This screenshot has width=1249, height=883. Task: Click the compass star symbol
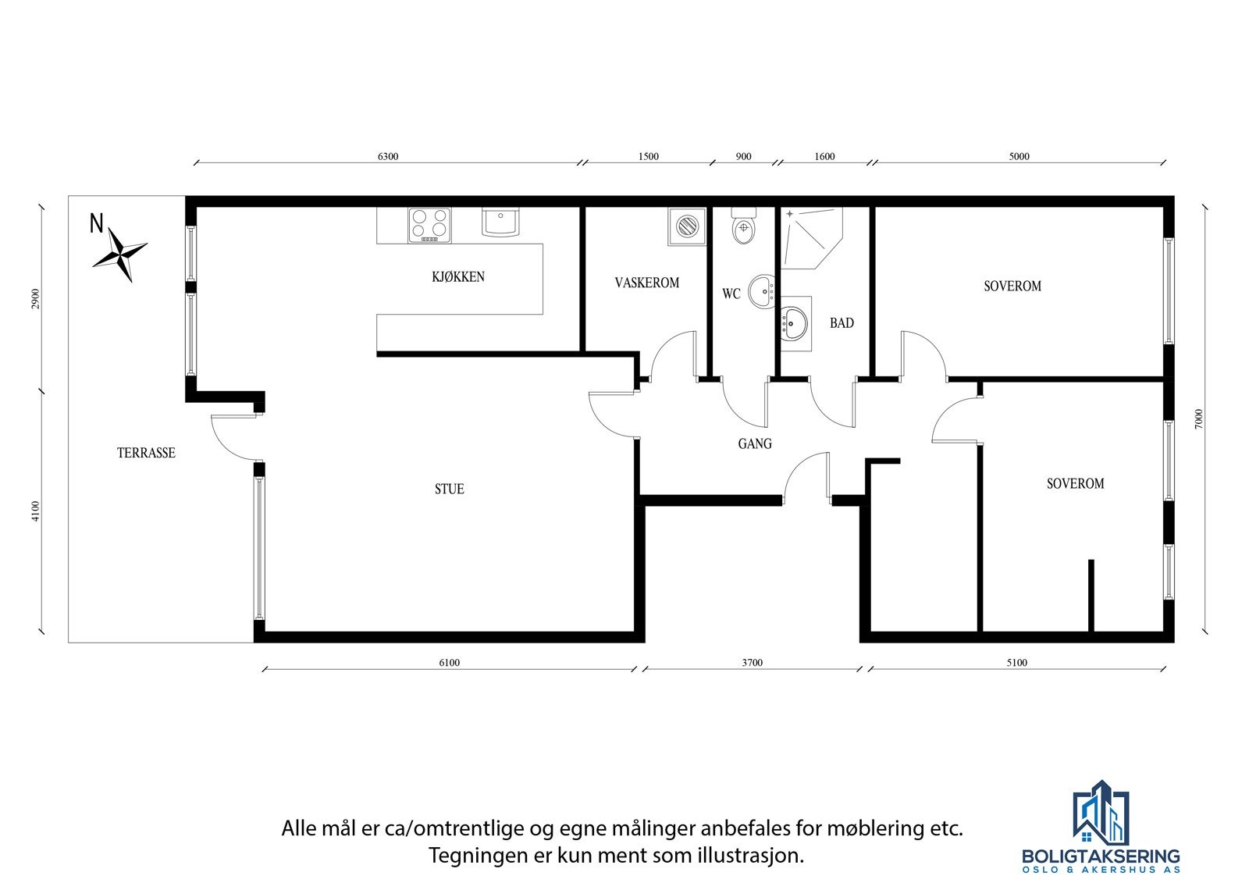[120, 254]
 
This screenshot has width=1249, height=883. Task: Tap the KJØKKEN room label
[458, 277]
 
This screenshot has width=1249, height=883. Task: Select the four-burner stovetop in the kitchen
[429, 225]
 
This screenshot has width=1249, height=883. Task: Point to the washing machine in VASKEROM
[686, 226]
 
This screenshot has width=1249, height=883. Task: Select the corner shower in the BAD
[808, 237]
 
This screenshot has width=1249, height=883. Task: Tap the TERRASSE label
[146, 453]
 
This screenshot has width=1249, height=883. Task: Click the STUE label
[450, 490]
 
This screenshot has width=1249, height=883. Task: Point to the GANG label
[755, 444]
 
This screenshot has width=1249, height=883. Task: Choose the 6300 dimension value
[388, 156]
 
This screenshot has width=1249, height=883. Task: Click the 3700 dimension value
[752, 663]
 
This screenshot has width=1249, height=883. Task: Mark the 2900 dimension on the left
[35, 299]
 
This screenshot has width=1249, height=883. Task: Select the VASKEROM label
[646, 283]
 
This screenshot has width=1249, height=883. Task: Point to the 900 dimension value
[744, 156]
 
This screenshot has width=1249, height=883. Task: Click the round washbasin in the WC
[760, 292]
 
